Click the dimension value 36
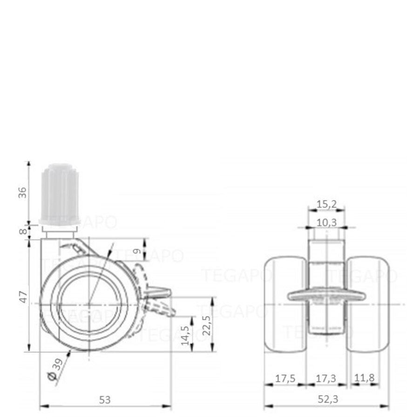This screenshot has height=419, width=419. coord(22,192)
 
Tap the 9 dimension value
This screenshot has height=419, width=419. coord(136,251)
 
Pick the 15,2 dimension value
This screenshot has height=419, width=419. coord(327,203)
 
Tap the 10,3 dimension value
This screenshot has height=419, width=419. coord(327,223)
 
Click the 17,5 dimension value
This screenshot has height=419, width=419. coord(284,378)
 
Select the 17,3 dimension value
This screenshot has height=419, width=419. coord(326,378)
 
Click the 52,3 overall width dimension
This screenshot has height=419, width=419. coord(326,399)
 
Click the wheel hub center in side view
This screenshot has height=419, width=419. coord(89,304)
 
